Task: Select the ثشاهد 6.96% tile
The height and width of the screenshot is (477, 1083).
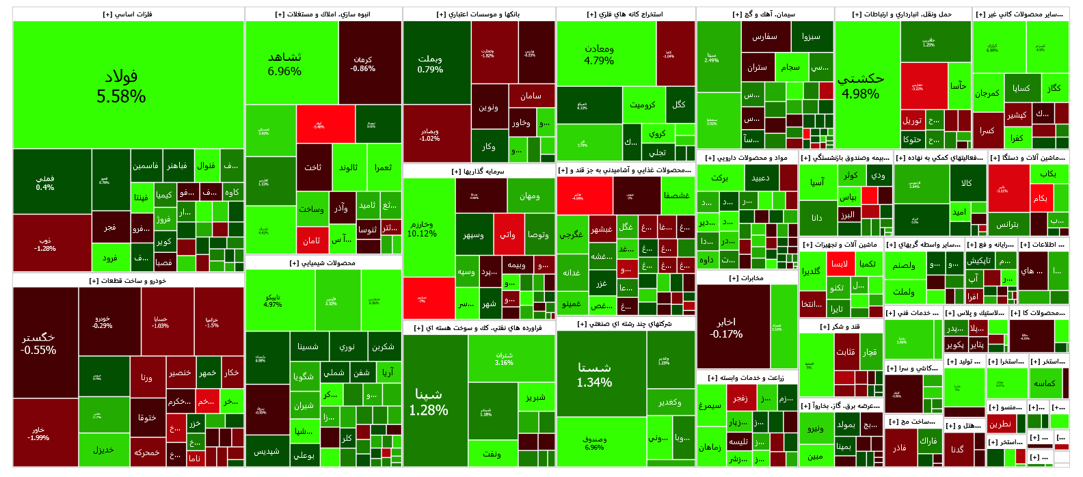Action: click(x=284, y=64)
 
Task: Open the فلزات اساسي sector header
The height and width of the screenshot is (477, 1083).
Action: click(x=128, y=14)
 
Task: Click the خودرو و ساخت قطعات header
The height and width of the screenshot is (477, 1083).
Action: click(x=128, y=281)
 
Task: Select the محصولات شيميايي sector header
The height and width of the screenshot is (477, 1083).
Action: click(x=323, y=263)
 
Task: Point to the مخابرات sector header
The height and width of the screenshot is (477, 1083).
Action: click(x=747, y=278)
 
